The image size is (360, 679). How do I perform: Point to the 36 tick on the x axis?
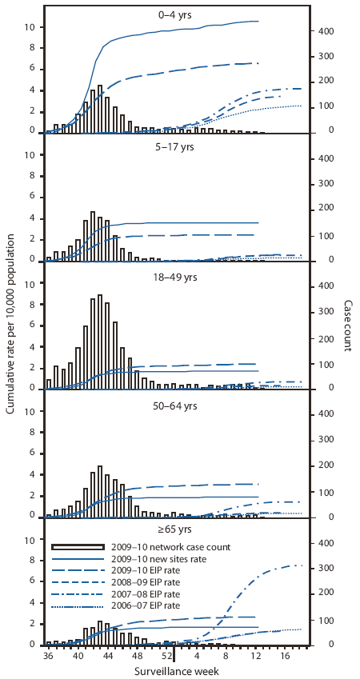(48, 655)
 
